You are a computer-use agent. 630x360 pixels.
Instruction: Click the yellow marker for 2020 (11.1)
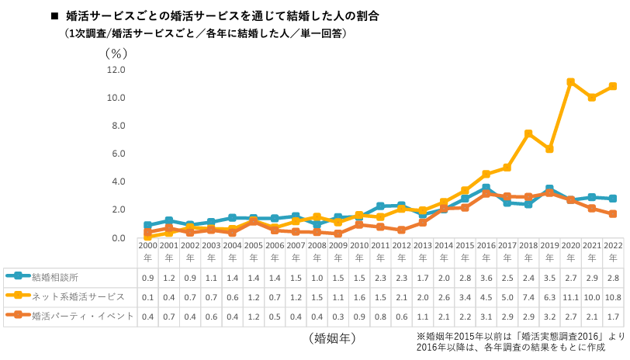[570, 82]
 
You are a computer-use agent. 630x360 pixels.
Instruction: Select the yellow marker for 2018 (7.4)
[528, 133]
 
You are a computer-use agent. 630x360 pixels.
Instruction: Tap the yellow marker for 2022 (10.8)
[613, 86]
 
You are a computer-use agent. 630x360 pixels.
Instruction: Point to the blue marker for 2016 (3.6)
[486, 188]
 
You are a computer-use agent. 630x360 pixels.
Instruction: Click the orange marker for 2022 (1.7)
[613, 214]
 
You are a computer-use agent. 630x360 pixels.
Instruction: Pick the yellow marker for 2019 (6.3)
[549, 149]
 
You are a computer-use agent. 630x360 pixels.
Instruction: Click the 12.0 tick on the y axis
[116, 70]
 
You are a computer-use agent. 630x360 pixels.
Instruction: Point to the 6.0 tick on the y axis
[116, 154]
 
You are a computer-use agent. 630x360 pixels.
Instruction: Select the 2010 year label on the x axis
[359, 251]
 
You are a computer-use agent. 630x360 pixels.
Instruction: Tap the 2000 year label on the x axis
[147, 251]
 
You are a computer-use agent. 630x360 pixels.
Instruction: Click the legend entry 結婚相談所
[54, 276]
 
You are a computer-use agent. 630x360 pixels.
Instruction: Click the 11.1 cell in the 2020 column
[570, 296]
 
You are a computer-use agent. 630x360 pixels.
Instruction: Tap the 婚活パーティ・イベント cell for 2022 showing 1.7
[613, 317]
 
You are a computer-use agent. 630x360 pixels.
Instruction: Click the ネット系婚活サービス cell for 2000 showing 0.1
[147, 296]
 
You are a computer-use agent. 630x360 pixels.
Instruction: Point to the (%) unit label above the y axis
[115, 54]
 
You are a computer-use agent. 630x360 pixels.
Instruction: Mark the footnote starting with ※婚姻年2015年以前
[520, 341]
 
